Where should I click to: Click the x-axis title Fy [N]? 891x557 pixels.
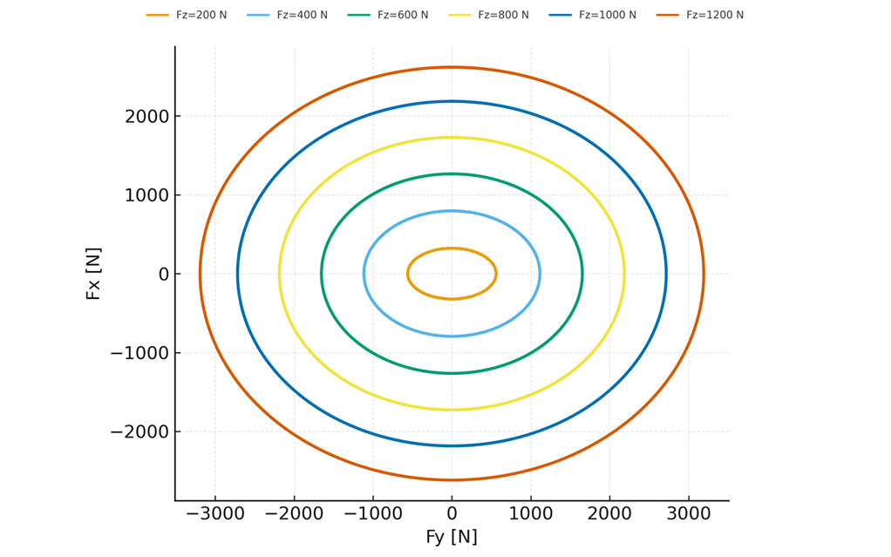pos(452,537)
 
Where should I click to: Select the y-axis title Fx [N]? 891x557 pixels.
pos(93,274)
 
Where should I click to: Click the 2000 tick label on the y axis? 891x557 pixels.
pos(146,116)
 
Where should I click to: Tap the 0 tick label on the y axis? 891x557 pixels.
pos(163,274)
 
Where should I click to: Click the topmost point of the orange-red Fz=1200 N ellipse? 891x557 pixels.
pos(452,67)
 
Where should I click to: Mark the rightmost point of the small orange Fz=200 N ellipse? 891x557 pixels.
pos(496,274)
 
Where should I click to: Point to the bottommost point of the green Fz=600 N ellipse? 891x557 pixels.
pos(452,373)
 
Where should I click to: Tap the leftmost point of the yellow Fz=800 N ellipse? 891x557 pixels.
pos(279,274)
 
